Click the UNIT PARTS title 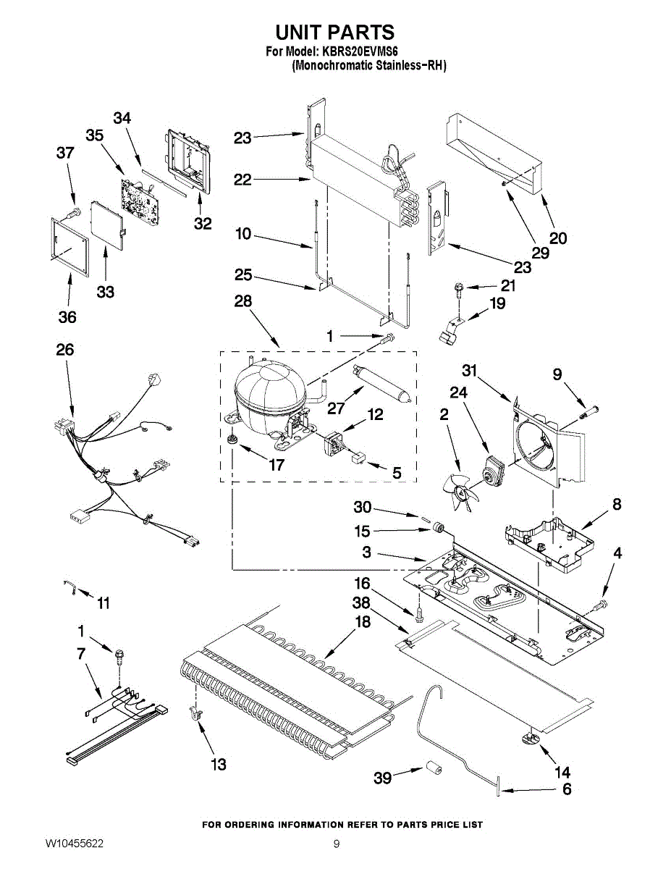(334, 33)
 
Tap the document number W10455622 (74, 844)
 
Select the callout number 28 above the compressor (242, 301)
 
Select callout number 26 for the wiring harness (65, 350)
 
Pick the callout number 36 (68, 316)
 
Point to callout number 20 (558, 237)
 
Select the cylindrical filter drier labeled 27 (384, 383)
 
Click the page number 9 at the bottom (336, 844)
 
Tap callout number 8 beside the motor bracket (616, 504)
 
